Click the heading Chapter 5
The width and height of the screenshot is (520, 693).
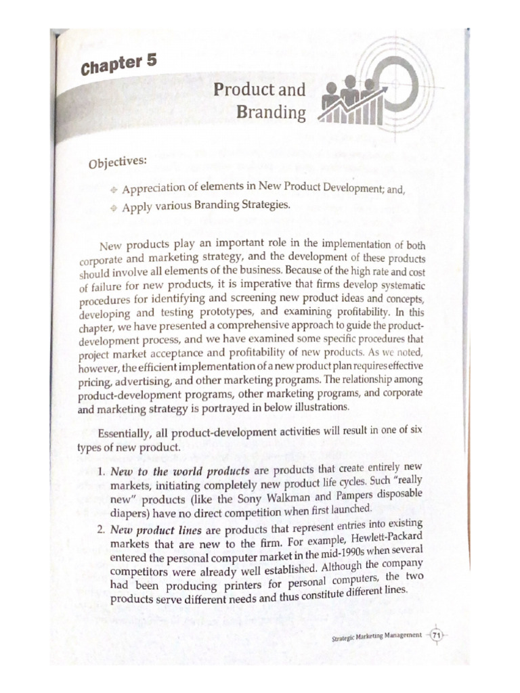click(x=118, y=65)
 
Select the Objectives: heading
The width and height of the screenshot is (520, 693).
click(x=116, y=164)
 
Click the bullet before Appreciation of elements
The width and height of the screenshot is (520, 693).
click(x=114, y=192)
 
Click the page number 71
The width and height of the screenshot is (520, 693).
click(x=436, y=635)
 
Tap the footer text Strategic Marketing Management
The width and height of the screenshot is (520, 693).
click(x=377, y=636)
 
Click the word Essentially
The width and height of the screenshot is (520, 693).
click(x=129, y=434)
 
